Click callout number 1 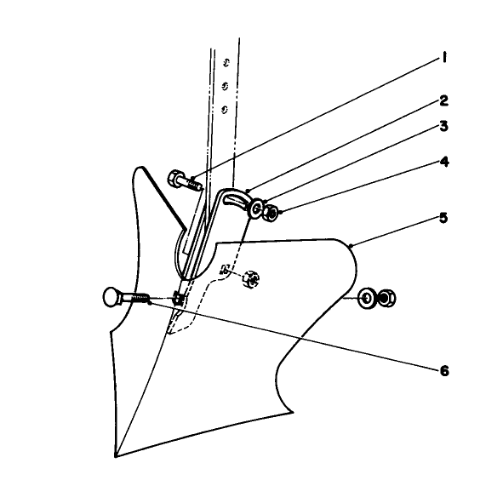coord(444,59)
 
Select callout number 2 coord(443,100)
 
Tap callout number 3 coord(443,127)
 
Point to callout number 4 coord(444,162)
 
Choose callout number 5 coord(443,219)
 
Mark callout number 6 coord(444,371)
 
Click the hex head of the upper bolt coord(174,179)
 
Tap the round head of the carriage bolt coord(111,297)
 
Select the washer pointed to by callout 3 coord(255,209)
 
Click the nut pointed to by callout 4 coord(271,213)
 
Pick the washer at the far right coord(367,299)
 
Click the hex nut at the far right coord(386,298)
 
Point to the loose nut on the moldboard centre coord(250,279)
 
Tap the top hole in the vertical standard coord(226,62)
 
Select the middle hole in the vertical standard coord(225,86)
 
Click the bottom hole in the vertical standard coord(224,110)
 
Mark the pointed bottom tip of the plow coord(116,456)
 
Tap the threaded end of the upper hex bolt coord(194,185)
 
